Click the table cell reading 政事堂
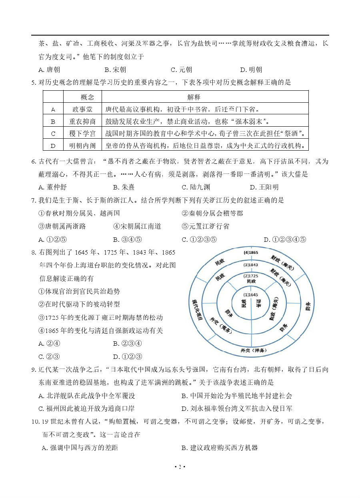tap(82, 109)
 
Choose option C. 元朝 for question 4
tap(181, 70)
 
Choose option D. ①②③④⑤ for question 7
tap(285, 239)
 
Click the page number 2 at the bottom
tap(180, 467)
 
